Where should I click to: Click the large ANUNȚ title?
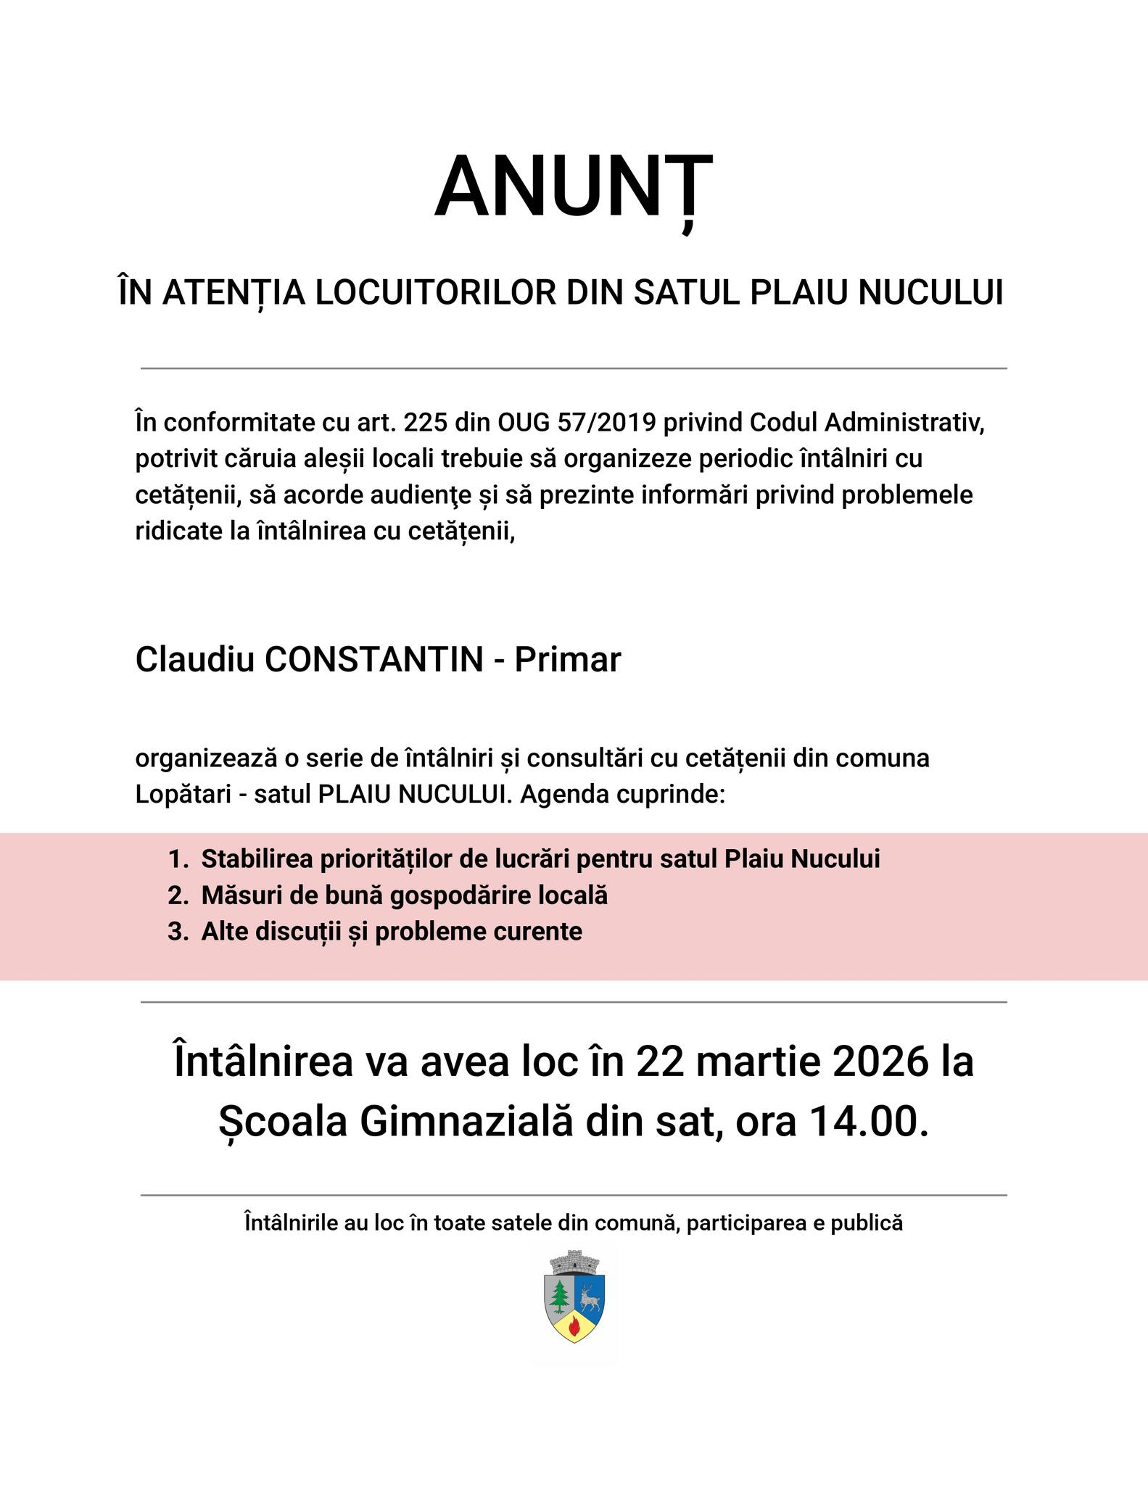pos(573,187)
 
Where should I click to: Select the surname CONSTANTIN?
pos(374,660)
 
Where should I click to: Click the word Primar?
pos(568,660)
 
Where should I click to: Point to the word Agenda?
pos(562,795)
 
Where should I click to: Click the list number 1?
pos(176,859)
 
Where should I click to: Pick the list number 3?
pos(176,932)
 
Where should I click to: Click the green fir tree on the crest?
pos(559,1295)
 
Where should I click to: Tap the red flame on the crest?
pos(574,1327)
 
